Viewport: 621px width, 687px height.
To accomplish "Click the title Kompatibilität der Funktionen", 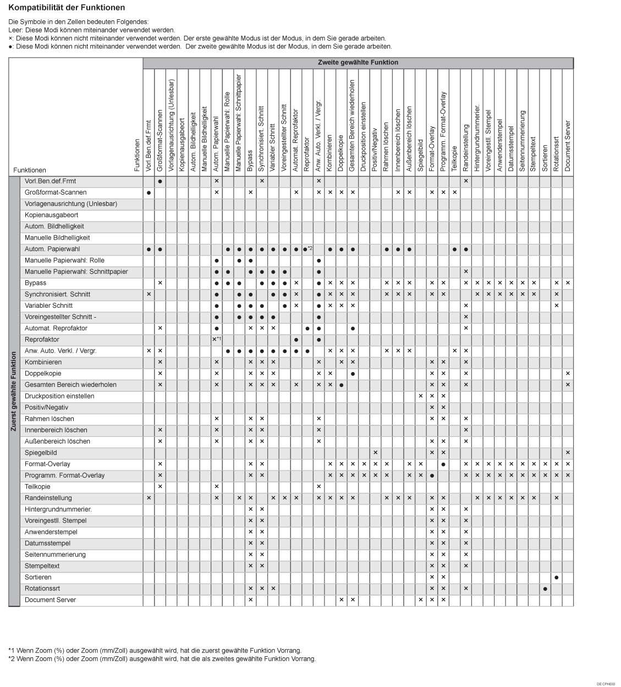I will coord(67,8).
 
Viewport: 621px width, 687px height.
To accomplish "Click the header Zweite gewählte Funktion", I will coord(358,63).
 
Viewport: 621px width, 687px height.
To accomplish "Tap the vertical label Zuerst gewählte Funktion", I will coord(14,391).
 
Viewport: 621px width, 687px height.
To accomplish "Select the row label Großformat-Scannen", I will coord(56,192).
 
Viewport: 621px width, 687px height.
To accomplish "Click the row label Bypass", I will coord(35,283).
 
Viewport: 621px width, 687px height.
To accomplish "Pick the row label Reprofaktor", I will coord(42,340).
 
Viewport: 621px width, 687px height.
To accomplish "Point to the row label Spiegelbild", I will coord(41,453).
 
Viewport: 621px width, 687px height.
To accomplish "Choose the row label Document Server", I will coord(50,600).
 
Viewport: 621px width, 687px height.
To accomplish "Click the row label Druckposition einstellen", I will coord(59,396).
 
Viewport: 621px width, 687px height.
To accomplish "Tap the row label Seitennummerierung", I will coord(55,555).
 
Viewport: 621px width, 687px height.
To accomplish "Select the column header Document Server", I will coord(568,146).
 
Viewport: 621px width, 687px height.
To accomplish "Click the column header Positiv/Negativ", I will coord(375,150).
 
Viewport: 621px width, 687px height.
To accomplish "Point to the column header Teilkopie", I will coord(454,159).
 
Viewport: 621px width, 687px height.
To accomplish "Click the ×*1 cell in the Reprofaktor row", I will coord(217,340).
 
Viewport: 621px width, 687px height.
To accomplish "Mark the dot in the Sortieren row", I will coord(557,578).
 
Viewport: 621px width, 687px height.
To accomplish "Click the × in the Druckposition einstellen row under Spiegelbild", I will coord(420,396).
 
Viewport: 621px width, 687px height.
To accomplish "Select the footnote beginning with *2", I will coord(162,659).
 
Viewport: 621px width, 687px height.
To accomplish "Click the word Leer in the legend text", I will coord(15,31).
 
